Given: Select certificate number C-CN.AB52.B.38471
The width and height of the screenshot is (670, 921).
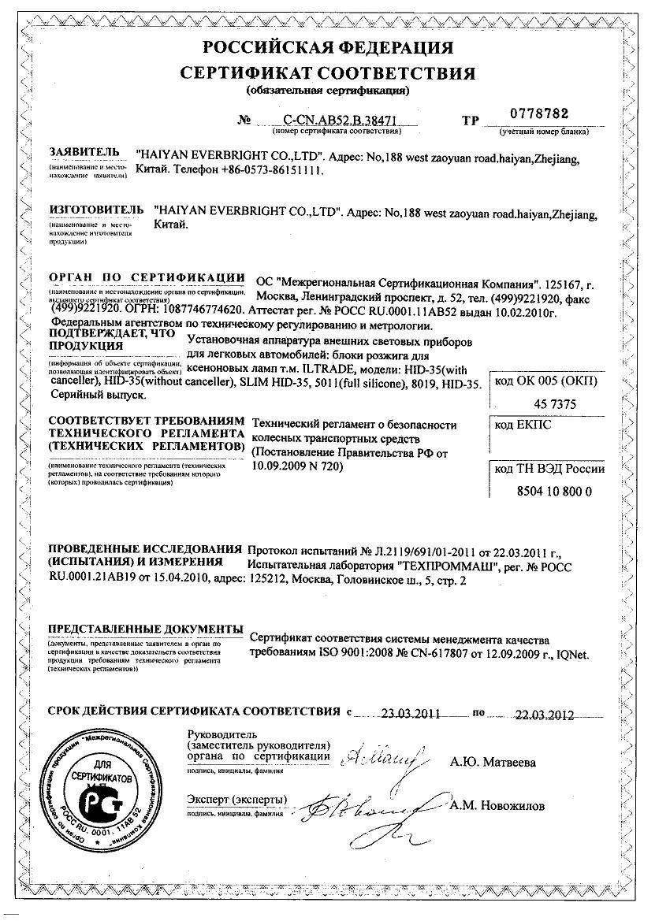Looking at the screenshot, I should [x=326, y=122].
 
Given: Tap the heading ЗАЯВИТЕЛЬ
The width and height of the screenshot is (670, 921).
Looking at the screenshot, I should [x=84, y=151].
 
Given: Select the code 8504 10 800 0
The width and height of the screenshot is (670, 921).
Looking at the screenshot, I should [x=545, y=490].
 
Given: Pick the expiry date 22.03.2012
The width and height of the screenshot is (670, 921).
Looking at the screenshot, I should [x=544, y=715].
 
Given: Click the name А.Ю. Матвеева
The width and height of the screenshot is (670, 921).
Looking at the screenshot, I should [x=493, y=762].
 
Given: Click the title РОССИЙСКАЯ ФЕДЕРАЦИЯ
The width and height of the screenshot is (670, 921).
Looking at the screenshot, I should [x=328, y=46].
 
